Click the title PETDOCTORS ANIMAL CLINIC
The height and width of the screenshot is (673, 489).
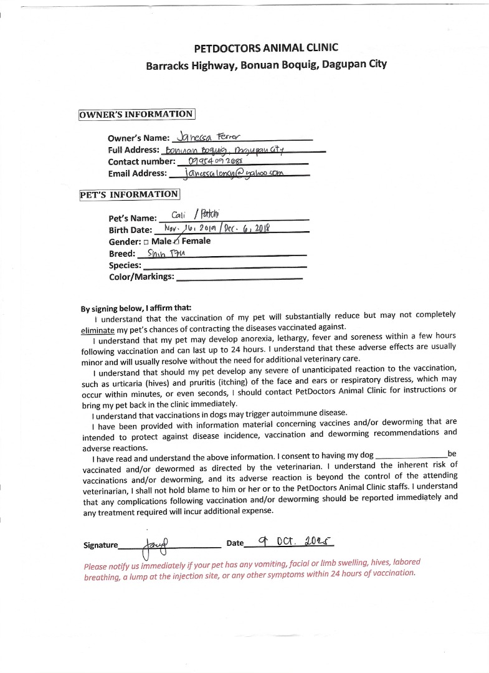(266, 48)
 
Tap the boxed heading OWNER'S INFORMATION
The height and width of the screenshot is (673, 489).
(136, 114)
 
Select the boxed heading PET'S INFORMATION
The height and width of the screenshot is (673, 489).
(129, 194)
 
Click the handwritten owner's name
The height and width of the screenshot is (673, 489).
(204, 136)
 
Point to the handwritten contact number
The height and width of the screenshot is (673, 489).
(215, 161)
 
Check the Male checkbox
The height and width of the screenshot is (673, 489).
(146, 241)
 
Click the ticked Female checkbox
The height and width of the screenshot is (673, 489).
(177, 241)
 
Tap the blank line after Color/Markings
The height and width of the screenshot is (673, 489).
(239, 277)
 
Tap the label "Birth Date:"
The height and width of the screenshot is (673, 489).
(130, 230)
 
